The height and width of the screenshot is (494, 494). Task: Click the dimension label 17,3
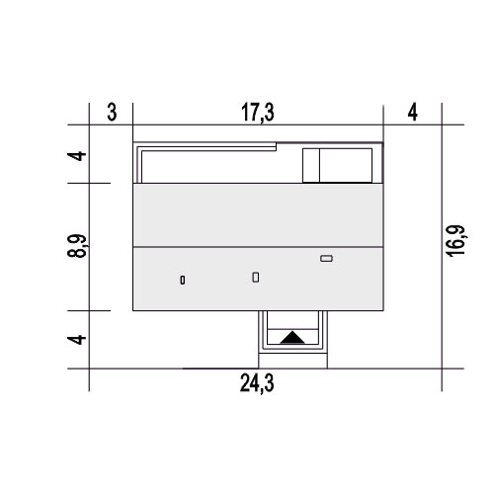pos(258,113)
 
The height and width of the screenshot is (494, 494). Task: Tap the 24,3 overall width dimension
pos(257,383)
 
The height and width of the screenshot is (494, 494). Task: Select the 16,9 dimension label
pos(455,241)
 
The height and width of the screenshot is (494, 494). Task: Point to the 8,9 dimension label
pos(77,246)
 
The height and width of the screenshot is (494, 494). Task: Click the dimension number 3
pos(112,113)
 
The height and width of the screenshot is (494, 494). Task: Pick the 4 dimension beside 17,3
pos(413,113)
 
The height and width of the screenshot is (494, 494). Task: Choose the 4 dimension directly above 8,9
pos(77,155)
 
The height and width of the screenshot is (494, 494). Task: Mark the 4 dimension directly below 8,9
pos(77,339)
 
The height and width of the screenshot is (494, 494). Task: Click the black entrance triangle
pos(292,339)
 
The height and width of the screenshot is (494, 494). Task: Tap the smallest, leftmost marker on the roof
pos(183,280)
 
